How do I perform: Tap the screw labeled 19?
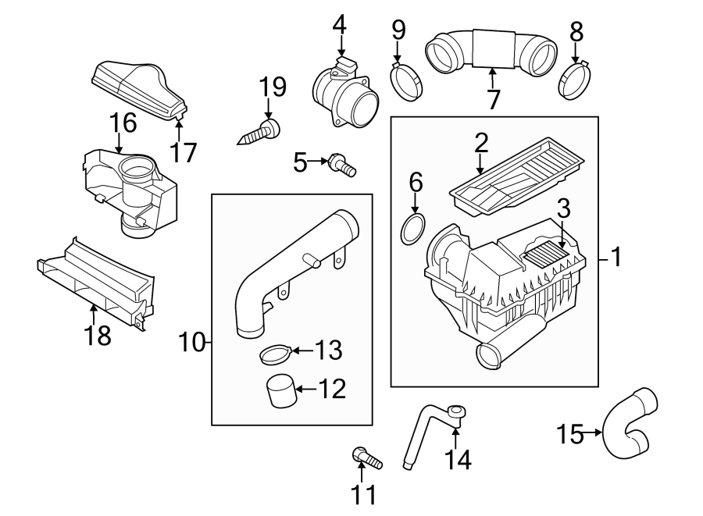click(259, 133)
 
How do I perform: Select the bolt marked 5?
click(342, 164)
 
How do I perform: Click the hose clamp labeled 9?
click(407, 82)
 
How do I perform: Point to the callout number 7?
click(492, 100)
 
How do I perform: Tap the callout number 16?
click(123, 123)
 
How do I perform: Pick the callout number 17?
click(184, 151)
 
